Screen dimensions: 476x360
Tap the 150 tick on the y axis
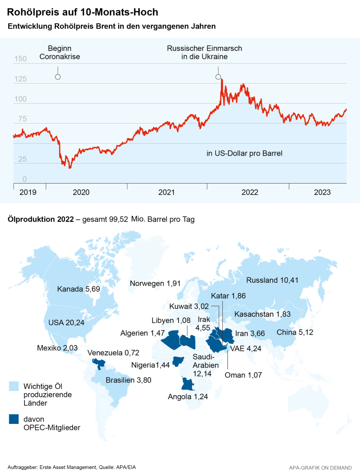(x=20, y=59)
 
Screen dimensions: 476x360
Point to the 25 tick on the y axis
(x=22, y=159)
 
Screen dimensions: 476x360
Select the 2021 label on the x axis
(x=167, y=192)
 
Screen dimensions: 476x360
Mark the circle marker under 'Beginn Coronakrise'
(x=58, y=77)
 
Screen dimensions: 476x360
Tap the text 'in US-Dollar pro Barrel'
(x=245, y=153)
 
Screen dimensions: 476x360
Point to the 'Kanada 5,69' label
(x=79, y=290)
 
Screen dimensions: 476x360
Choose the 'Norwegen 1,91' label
(x=155, y=284)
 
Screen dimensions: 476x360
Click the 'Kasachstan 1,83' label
(x=263, y=314)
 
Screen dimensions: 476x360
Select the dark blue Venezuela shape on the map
(x=99, y=363)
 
